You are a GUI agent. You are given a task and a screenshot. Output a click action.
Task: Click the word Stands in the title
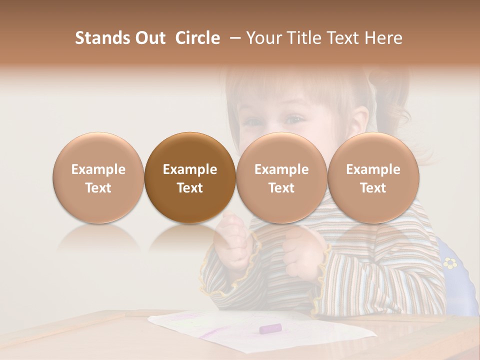pos(101,38)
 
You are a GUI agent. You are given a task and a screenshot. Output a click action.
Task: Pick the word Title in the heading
pos(304,38)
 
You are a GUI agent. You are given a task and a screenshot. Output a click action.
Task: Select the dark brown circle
pos(190,177)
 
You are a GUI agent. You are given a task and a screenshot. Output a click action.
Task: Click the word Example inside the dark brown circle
pos(190,169)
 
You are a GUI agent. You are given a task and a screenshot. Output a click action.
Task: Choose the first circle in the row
pos(98,177)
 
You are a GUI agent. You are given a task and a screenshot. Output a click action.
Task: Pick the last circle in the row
pos(373,177)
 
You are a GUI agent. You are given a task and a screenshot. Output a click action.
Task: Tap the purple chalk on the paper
pos(270,328)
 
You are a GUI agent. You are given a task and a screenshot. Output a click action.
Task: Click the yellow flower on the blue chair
pos(450,262)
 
